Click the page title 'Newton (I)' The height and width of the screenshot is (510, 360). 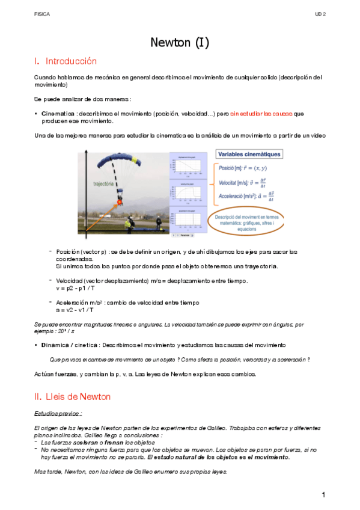pyautogui.click(x=179, y=42)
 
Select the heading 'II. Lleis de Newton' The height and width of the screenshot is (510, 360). pyautogui.click(x=72, y=397)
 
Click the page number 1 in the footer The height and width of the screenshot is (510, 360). pyautogui.click(x=323, y=495)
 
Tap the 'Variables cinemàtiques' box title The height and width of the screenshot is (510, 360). pyautogui.click(x=249, y=154)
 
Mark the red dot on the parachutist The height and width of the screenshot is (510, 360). pyautogui.click(x=120, y=203)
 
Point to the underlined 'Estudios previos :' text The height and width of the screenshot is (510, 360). pyautogui.click(x=58, y=414)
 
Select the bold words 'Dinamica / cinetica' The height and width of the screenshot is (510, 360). pyautogui.click(x=69, y=345)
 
